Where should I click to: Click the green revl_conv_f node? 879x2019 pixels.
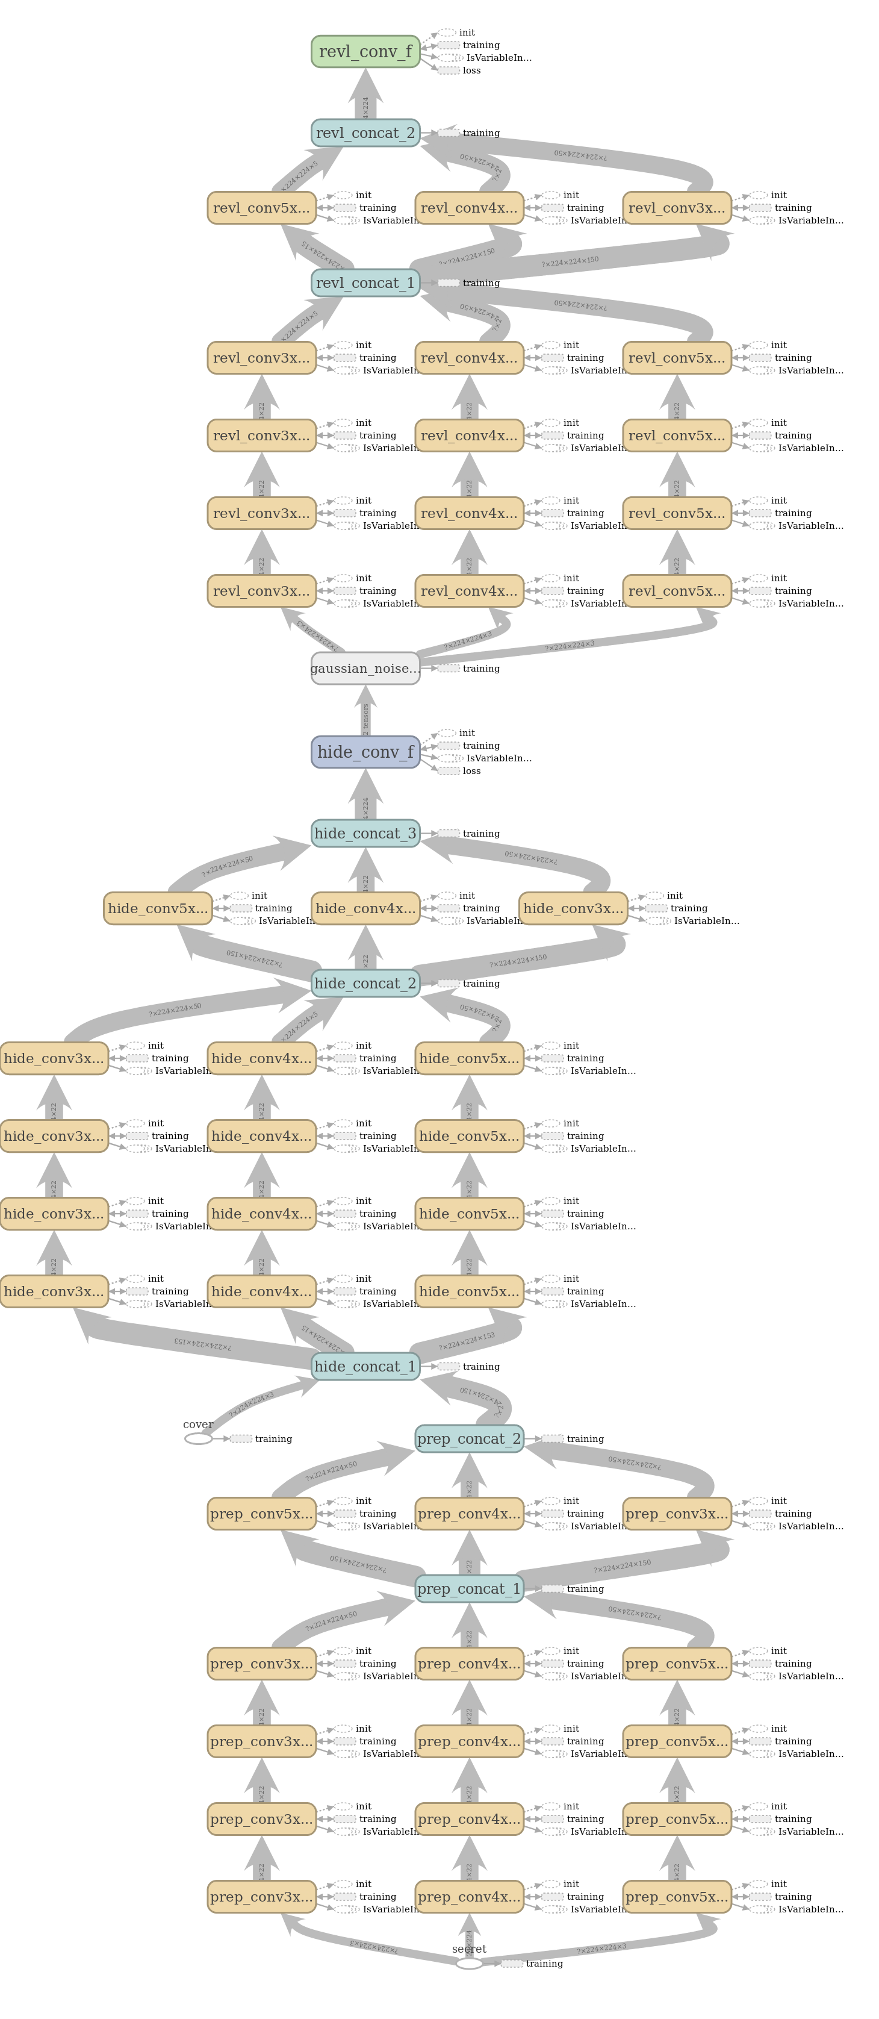pyautogui.click(x=365, y=52)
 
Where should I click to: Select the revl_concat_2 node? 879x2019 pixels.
pyautogui.click(x=365, y=133)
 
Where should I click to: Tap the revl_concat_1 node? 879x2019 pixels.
pyautogui.click(x=365, y=283)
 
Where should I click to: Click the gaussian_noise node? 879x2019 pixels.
pyautogui.click(x=365, y=669)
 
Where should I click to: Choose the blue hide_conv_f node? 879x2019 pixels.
pyautogui.click(x=365, y=752)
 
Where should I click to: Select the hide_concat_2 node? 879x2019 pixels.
pyautogui.click(x=365, y=984)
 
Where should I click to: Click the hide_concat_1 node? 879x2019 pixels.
pyautogui.click(x=365, y=1367)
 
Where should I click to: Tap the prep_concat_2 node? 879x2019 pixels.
pyautogui.click(x=469, y=1439)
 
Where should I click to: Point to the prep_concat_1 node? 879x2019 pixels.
pyautogui.click(x=469, y=1589)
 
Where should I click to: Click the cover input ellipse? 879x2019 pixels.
pyautogui.click(x=198, y=1439)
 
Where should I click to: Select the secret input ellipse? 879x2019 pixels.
pyautogui.click(x=469, y=1964)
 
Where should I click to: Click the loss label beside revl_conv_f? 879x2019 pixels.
pyautogui.click(x=471, y=70)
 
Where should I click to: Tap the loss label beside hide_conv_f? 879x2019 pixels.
pyautogui.click(x=471, y=771)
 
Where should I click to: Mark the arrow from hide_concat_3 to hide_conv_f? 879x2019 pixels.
pyautogui.click(x=365, y=796)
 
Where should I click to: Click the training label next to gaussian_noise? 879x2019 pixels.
pyautogui.click(x=481, y=669)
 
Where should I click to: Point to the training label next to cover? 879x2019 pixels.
pyautogui.click(x=273, y=1439)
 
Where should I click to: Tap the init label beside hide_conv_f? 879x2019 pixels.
pyautogui.click(x=467, y=734)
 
